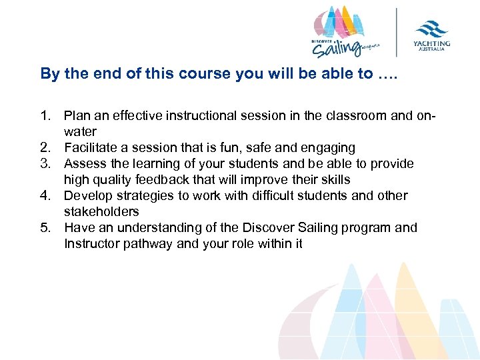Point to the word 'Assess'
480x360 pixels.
[85, 164]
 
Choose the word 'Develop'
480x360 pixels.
[89, 196]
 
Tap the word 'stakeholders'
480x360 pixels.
[101, 212]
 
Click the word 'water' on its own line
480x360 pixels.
[80, 132]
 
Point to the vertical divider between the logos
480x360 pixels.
[398, 31]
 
